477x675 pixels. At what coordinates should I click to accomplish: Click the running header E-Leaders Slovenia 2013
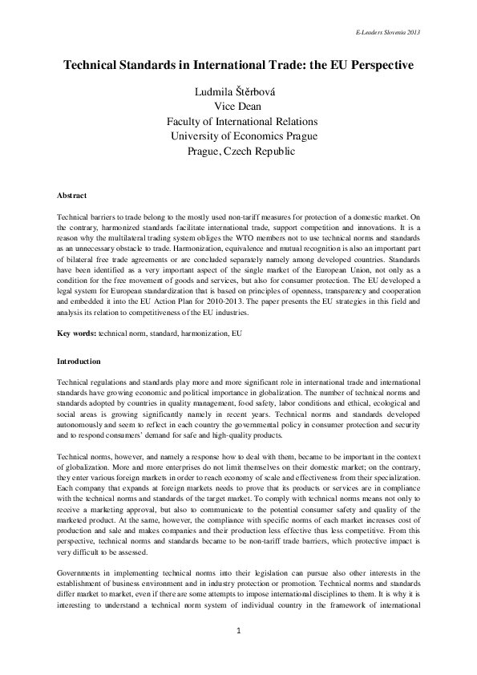click(386, 32)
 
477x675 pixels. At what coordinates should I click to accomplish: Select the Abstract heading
click(72, 196)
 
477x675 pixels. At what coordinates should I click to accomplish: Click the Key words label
click(77, 332)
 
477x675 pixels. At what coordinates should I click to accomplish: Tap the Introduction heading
click(79, 362)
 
